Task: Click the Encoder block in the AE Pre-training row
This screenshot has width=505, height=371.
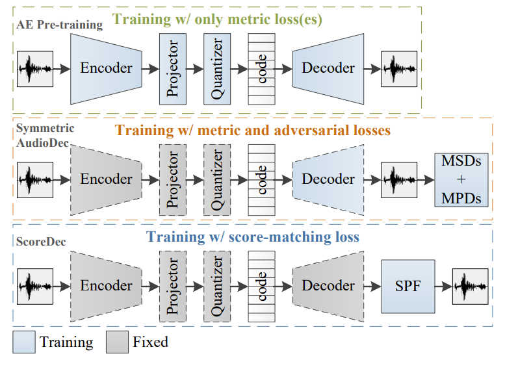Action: [105, 68]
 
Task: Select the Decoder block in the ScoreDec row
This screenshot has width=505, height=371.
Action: [328, 285]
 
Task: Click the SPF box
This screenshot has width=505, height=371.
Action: [408, 286]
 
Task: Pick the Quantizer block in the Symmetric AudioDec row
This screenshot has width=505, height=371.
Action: [217, 179]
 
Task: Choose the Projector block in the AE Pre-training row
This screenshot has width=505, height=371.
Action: [172, 68]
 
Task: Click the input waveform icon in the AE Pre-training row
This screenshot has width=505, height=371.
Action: [35, 68]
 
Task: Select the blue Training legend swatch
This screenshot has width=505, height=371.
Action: [23, 341]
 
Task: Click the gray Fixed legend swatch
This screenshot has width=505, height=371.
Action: [116, 341]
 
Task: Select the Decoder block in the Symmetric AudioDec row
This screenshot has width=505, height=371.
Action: [328, 179]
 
